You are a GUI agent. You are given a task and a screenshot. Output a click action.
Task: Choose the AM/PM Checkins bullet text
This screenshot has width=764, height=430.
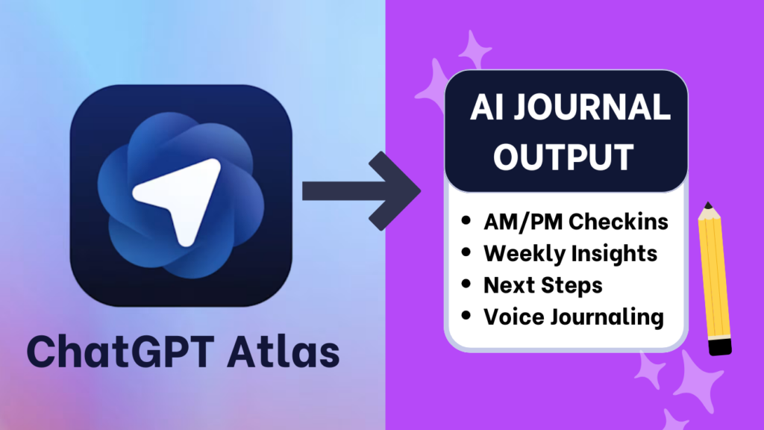tap(575, 222)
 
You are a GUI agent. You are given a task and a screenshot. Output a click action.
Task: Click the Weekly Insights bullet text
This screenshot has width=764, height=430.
tap(570, 253)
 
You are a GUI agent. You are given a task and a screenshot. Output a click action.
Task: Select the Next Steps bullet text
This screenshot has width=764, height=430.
tap(542, 284)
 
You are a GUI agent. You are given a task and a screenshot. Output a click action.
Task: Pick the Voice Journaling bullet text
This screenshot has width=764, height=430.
tap(573, 316)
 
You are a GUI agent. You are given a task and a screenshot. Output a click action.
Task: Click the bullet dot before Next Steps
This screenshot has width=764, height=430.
tap(467, 284)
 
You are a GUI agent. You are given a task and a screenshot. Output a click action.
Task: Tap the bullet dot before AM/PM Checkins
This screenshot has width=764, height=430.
tap(467, 222)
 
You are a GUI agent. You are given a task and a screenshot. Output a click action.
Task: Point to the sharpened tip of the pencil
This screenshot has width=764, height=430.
tap(707, 205)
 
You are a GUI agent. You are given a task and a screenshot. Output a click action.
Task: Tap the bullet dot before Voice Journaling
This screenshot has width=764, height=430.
tap(467, 316)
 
